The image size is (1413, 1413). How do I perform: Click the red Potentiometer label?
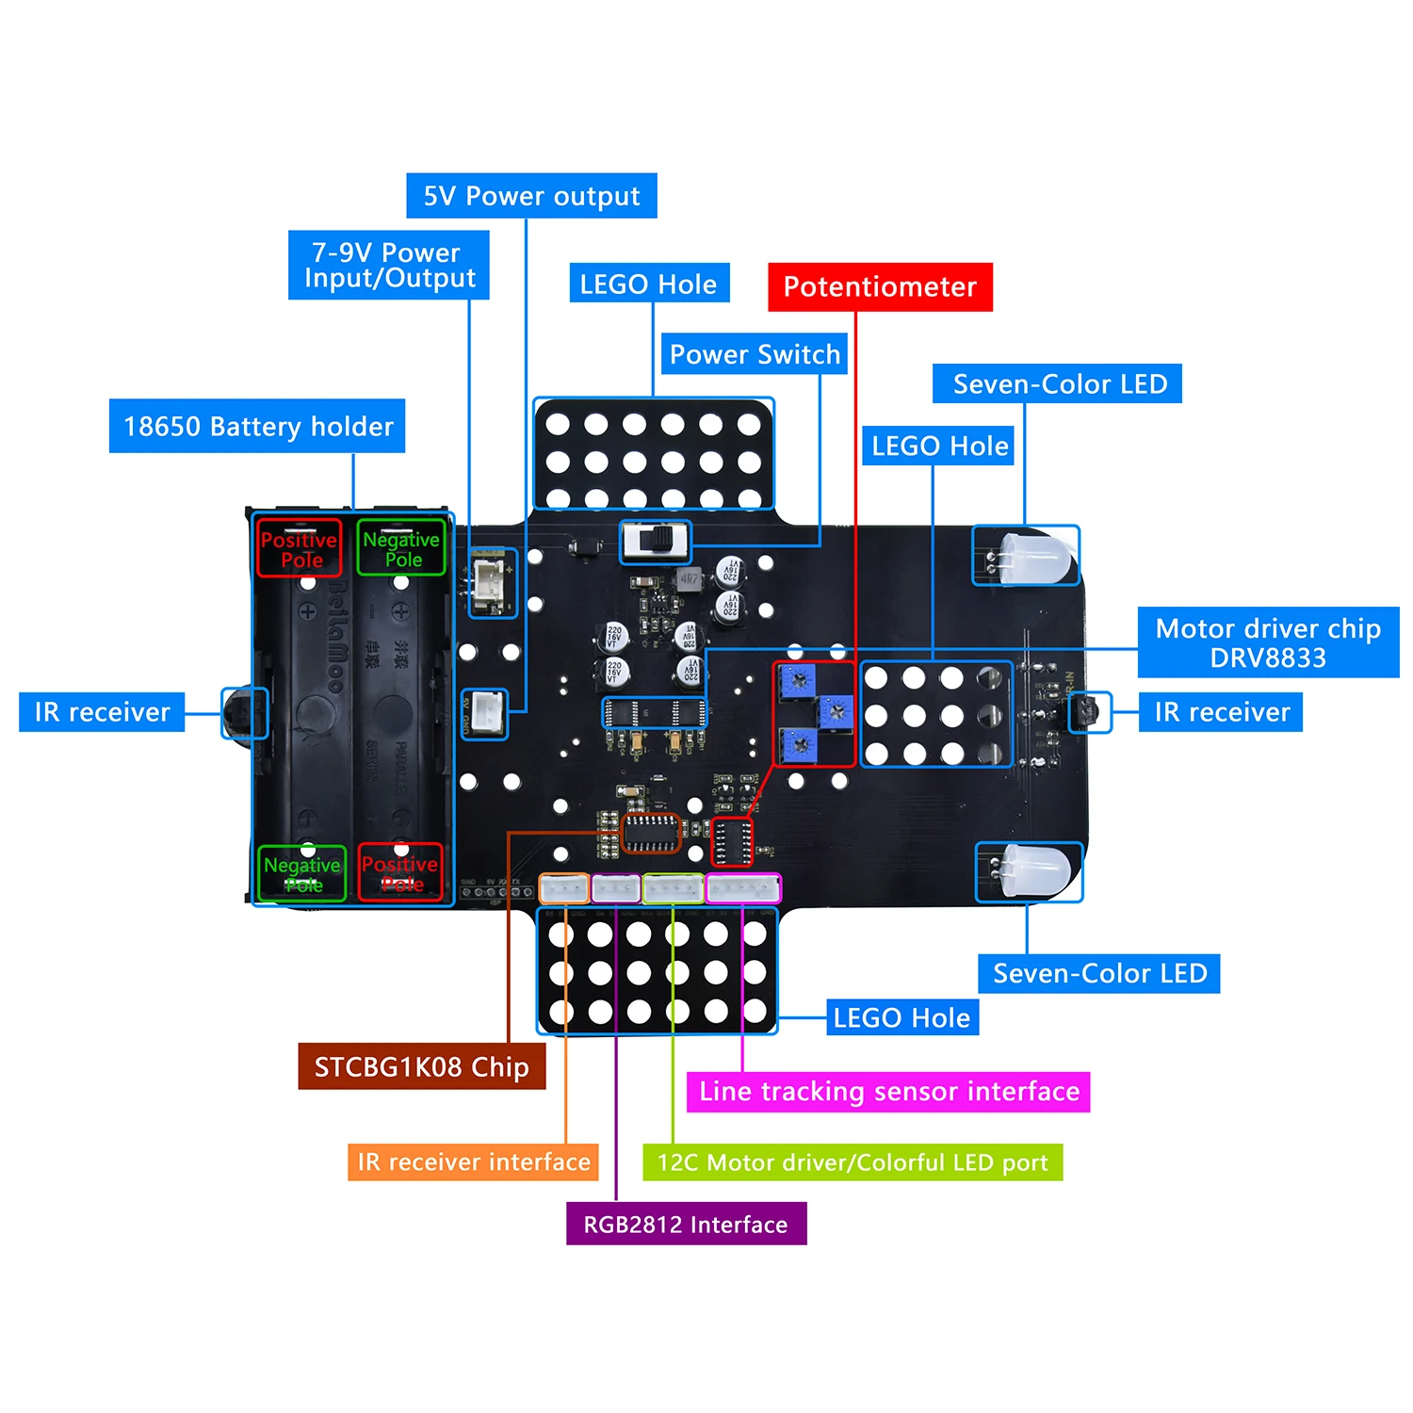[x=880, y=287]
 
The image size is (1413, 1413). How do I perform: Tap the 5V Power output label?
[x=531, y=196]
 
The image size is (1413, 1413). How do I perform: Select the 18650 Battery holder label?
[x=257, y=427]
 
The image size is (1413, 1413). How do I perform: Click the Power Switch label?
[x=754, y=354]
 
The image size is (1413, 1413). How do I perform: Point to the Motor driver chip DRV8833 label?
[x=1268, y=642]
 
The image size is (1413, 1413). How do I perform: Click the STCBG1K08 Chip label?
[x=421, y=1066]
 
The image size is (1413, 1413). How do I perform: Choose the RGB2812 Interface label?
[x=686, y=1224]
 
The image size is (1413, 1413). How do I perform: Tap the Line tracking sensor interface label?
[x=888, y=1092]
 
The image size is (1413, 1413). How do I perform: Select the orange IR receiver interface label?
[x=473, y=1161]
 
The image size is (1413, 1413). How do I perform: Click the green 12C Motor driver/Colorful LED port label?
[x=853, y=1162]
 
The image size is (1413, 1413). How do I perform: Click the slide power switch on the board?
[x=656, y=542]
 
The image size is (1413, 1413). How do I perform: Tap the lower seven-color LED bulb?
[x=1034, y=870]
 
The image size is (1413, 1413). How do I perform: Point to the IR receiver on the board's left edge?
[x=244, y=712]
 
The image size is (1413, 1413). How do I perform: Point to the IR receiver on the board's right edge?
[x=1089, y=712]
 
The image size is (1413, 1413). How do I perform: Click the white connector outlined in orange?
[x=563, y=888]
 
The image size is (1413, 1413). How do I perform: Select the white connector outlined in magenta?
[x=743, y=888]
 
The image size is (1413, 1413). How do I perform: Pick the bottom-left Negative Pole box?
[x=302, y=873]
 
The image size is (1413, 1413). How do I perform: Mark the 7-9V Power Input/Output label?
[x=388, y=266]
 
